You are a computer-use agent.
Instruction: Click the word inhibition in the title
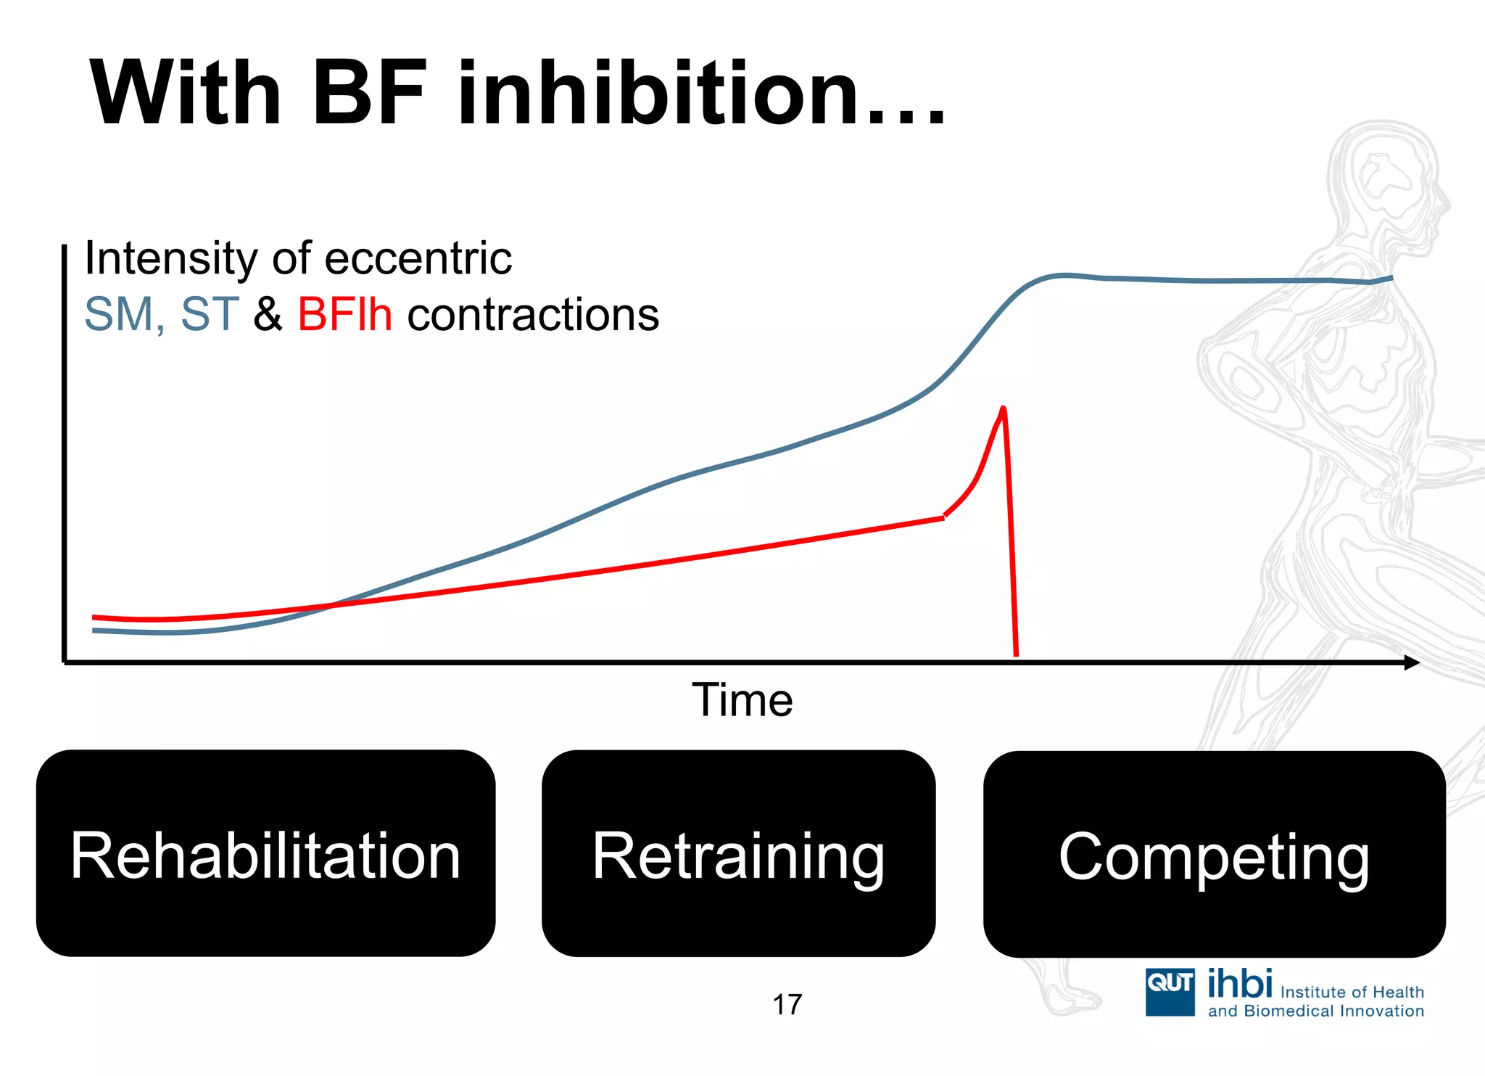pyautogui.click(x=663, y=94)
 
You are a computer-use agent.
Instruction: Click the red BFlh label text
pyautogui.click(x=344, y=315)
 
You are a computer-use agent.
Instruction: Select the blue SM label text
pyautogui.click(x=122, y=315)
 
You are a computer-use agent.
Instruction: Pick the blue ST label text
pyautogui.click(x=209, y=315)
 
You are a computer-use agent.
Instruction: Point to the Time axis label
pyautogui.click(x=742, y=700)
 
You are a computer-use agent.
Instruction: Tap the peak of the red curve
pyautogui.click(x=1004, y=408)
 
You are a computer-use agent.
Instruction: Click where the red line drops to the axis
pyautogui.click(x=1016, y=653)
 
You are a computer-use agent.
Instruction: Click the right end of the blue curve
pyautogui.click(x=1390, y=278)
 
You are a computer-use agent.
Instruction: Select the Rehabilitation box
pyautogui.click(x=265, y=854)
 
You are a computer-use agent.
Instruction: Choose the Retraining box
pyautogui.click(x=738, y=854)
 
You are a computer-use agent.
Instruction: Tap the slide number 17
pyautogui.click(x=787, y=1005)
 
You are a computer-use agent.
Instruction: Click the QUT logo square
pyautogui.click(x=1170, y=992)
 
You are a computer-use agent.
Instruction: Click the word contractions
pyautogui.click(x=533, y=315)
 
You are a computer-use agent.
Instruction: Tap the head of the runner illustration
pyautogui.click(x=1385, y=181)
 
